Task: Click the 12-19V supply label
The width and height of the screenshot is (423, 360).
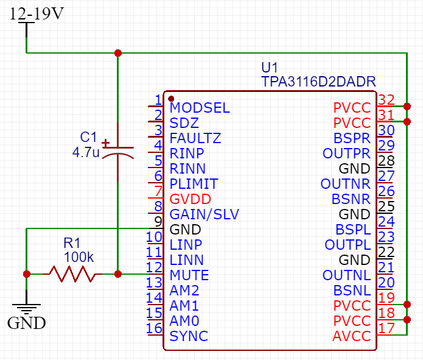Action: point(37,13)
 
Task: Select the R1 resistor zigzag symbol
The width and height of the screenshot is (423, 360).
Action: point(72,274)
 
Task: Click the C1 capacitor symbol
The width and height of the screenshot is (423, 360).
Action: point(118,152)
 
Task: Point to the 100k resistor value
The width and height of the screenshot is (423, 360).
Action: point(79,257)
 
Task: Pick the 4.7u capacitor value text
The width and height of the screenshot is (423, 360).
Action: point(86,152)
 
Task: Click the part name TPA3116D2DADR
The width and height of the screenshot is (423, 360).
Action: point(318,82)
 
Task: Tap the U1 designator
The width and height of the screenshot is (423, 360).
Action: point(269,68)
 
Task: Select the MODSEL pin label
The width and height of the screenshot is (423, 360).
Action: point(200,108)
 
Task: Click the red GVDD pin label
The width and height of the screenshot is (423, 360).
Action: point(190,199)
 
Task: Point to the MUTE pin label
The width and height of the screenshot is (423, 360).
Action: point(189,275)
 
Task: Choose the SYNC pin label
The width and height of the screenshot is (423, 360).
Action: point(189,336)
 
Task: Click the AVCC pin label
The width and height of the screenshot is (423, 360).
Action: point(352,336)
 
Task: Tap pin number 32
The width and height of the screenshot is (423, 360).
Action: point(386,100)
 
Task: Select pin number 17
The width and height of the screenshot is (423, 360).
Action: point(386,328)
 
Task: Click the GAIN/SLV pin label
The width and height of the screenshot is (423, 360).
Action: point(205,214)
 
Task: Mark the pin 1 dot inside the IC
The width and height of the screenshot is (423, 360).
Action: point(171,99)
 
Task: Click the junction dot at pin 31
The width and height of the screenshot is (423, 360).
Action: point(407,122)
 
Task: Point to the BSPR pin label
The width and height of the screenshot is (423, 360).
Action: point(352,138)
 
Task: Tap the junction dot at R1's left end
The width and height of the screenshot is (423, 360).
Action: point(27,274)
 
